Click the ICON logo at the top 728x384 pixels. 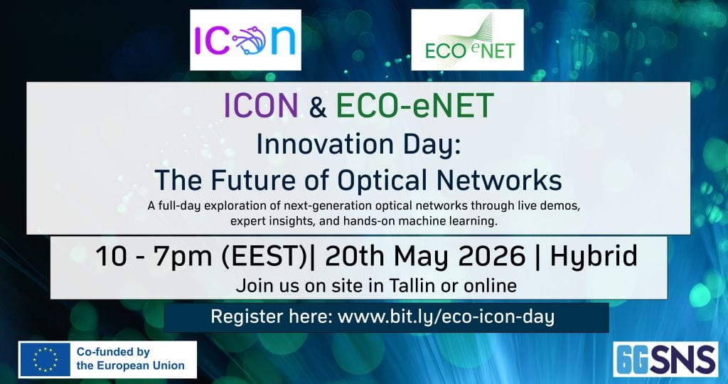245,40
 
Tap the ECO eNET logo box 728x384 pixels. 467,40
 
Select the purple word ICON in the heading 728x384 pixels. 261,105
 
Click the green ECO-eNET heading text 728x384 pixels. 414,105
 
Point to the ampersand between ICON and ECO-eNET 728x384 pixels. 317,106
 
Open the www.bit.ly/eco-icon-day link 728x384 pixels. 446,317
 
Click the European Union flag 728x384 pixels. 45,359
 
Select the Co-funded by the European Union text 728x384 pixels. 131,359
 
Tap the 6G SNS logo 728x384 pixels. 665,359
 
